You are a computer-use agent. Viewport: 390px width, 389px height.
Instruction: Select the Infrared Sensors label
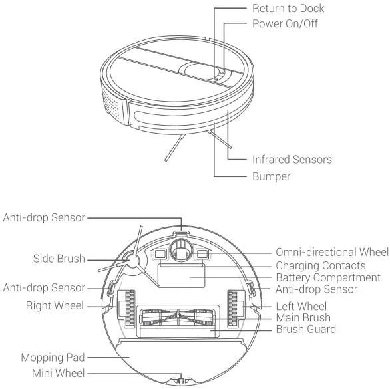tap(292, 160)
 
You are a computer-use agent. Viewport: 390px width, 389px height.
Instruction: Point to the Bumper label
tap(272, 177)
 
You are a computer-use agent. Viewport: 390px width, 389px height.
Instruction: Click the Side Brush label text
tap(60, 259)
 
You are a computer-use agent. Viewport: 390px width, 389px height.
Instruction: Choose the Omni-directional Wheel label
tap(331, 252)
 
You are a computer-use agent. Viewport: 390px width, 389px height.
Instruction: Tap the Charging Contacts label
tap(320, 265)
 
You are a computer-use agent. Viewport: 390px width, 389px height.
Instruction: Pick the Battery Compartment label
tap(328, 277)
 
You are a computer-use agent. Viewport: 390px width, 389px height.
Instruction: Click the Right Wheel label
tap(55, 307)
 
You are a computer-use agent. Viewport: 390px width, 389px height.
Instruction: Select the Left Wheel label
tap(301, 306)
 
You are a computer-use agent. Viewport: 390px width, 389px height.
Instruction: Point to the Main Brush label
tap(303, 317)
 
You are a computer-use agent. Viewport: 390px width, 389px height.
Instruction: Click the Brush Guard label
tap(305, 329)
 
